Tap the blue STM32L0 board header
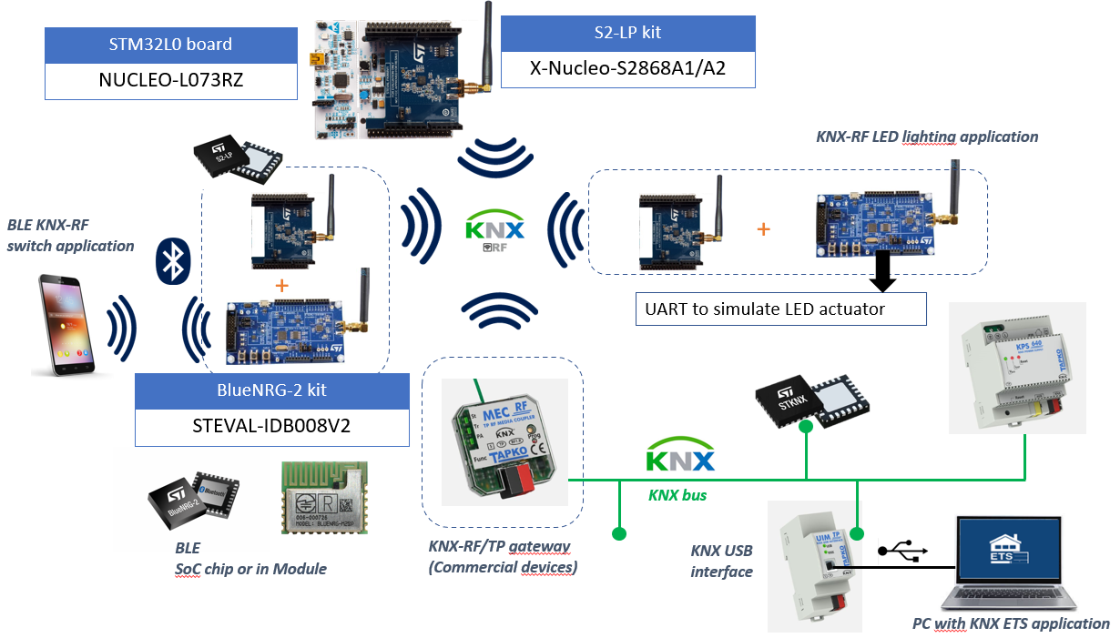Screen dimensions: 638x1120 point(171,45)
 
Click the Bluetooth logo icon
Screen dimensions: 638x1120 point(171,259)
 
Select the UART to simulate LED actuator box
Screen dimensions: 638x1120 point(780,309)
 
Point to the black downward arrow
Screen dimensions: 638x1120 point(881,270)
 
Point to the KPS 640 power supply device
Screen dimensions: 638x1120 point(1017,369)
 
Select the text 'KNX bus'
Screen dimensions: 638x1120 point(677,495)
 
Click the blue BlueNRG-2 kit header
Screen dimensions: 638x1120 point(271,390)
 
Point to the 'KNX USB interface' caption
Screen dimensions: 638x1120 point(721,561)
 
